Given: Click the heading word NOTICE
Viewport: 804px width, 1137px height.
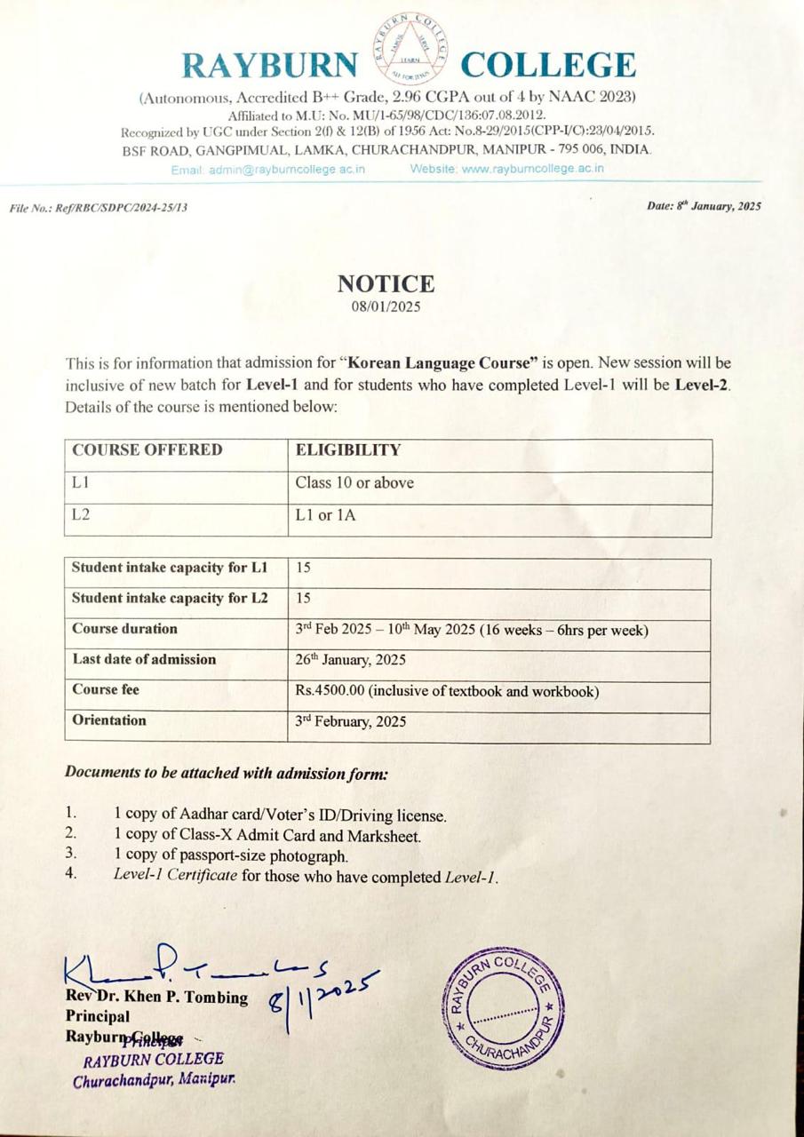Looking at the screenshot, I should (386, 284).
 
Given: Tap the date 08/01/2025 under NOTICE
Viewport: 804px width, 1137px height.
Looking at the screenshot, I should (386, 307).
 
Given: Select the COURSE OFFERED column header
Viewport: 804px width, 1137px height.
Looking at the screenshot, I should (147, 449).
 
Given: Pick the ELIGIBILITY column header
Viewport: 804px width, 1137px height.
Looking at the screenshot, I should (348, 449).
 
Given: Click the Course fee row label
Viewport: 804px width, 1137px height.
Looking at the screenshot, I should (106, 689).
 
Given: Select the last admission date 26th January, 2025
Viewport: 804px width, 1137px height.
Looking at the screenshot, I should (352, 659).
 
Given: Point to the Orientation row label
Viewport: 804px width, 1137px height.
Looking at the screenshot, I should (109, 720).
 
